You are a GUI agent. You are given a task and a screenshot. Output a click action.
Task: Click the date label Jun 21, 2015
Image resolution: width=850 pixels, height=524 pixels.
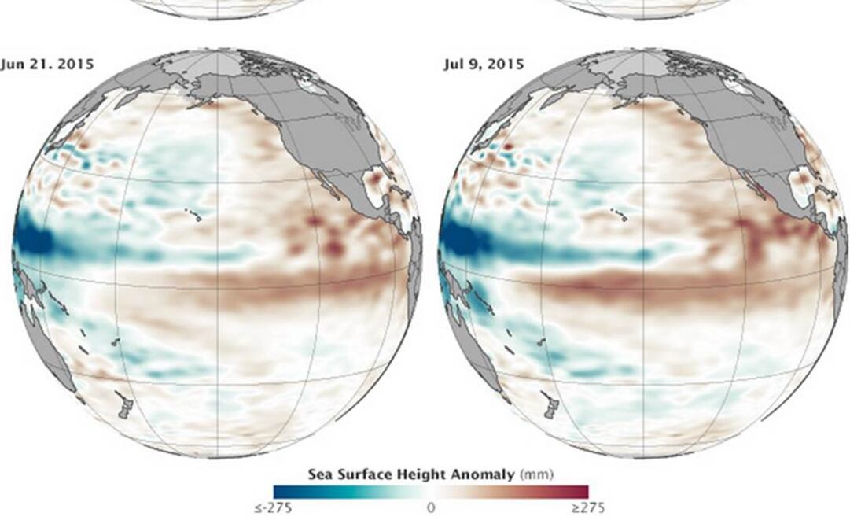coord(47,64)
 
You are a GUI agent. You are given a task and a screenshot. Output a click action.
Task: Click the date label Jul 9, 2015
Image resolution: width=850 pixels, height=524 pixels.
coord(483,64)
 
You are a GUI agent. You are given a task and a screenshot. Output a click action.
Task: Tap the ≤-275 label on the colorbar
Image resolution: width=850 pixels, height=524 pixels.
coord(273,508)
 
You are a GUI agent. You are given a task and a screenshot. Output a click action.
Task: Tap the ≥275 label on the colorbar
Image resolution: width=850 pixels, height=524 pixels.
coord(588,508)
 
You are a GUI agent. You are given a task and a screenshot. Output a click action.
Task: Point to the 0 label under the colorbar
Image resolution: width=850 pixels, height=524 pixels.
coord(430,508)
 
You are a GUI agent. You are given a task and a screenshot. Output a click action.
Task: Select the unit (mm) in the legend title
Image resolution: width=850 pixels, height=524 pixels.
coord(536,474)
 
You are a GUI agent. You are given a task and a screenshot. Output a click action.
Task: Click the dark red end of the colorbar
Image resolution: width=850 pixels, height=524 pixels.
coord(582,492)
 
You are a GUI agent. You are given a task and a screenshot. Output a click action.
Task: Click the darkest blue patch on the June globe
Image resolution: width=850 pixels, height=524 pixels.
coord(30,240)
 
